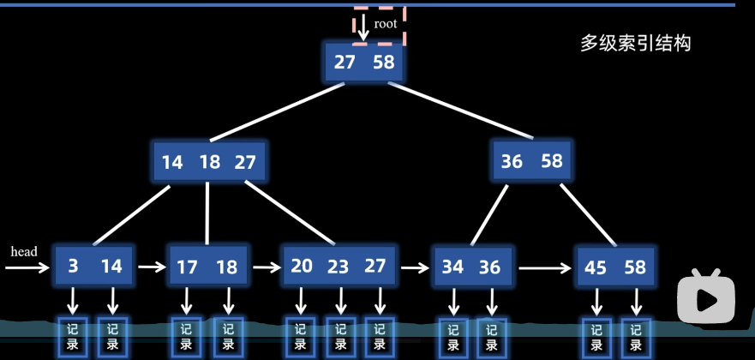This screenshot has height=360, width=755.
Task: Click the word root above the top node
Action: tap(386, 24)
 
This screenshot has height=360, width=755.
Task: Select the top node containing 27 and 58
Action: tap(364, 63)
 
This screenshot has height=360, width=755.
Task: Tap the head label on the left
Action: tap(24, 252)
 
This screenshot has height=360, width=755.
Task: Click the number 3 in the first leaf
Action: tap(74, 267)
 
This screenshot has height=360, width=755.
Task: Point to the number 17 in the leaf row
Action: tap(187, 267)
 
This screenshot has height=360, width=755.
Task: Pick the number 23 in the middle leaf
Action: tap(339, 267)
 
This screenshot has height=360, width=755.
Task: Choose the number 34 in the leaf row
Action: tap(452, 267)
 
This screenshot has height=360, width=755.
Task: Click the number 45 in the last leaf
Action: tap(596, 267)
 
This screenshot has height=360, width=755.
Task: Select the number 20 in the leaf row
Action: tap(302, 267)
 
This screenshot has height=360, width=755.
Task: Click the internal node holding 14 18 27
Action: tap(209, 162)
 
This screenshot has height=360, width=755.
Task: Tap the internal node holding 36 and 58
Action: tap(531, 161)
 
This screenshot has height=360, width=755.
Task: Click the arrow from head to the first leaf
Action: tap(27, 267)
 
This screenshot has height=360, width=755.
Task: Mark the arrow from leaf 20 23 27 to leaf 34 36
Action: tap(415, 267)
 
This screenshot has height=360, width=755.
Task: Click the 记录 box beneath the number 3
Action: tap(72, 335)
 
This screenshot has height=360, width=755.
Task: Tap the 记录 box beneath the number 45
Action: tap(596, 336)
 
